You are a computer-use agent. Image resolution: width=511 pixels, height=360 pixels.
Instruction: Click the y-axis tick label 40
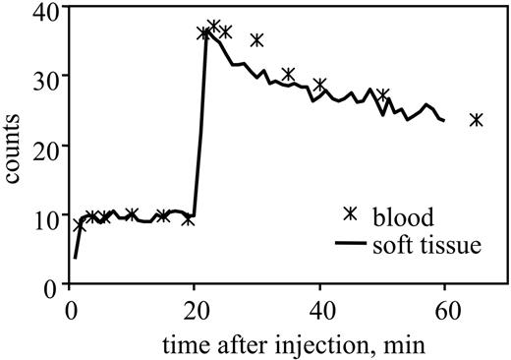pyautogui.click(x=44, y=11)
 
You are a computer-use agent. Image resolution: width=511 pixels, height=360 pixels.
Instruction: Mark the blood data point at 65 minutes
pyautogui.click(x=476, y=120)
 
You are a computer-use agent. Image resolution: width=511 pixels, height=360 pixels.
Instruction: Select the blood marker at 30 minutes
pyautogui.click(x=257, y=40)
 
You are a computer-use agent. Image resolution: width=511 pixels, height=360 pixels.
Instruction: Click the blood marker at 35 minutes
pyautogui.click(x=288, y=75)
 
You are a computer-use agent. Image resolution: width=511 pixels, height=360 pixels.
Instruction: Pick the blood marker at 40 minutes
pyautogui.click(x=319, y=85)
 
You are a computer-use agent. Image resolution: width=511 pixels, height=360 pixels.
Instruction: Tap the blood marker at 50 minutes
pyautogui.click(x=382, y=95)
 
